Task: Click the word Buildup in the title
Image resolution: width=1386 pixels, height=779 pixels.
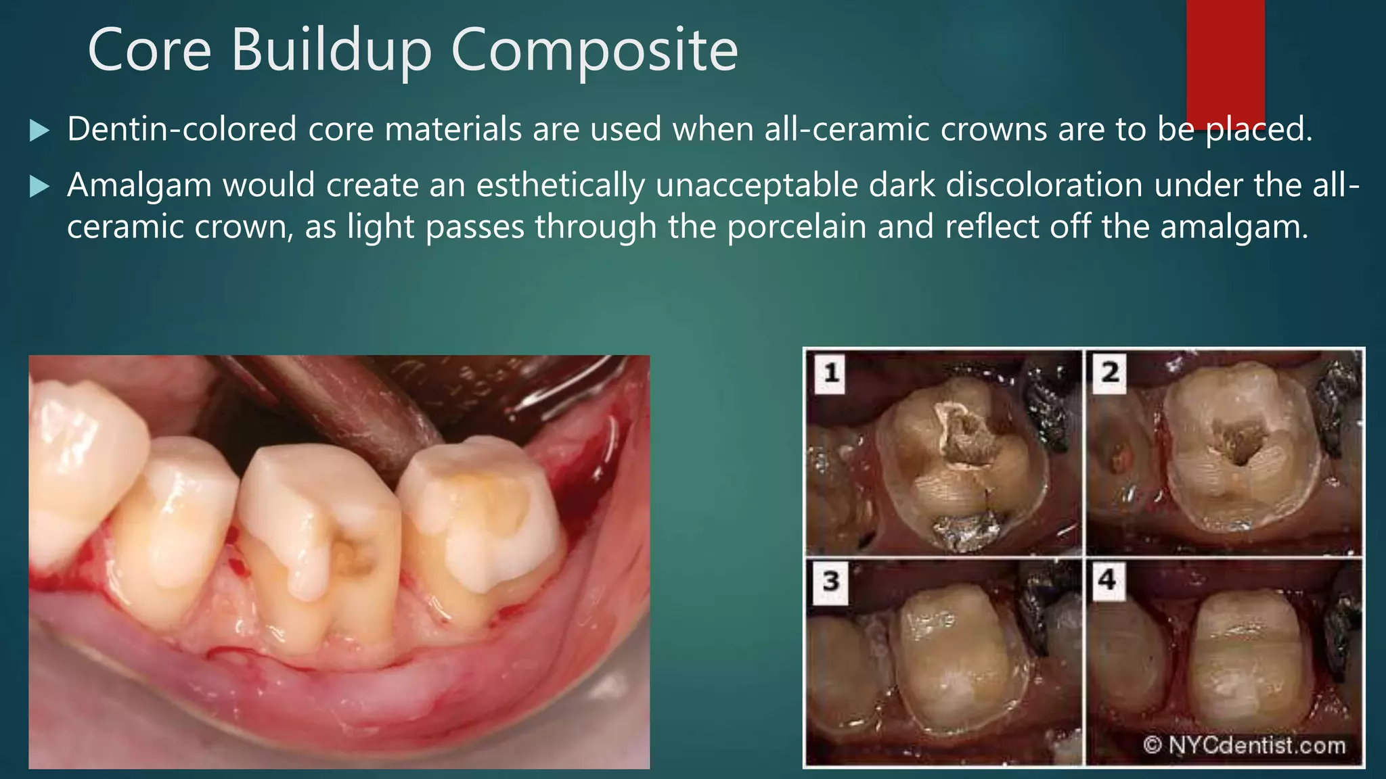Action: click(x=332, y=50)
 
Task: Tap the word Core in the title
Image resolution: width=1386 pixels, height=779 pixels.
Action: click(x=149, y=50)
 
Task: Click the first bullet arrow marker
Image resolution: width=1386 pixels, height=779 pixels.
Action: click(x=40, y=130)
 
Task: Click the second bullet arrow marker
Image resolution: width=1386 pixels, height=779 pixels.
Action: click(x=40, y=186)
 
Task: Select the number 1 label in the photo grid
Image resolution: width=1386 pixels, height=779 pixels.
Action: click(x=831, y=372)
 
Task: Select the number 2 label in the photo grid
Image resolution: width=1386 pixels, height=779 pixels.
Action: click(x=1110, y=372)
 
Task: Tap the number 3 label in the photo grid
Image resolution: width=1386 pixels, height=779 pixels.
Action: click(x=830, y=580)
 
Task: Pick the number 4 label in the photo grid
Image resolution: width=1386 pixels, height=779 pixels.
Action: click(x=1107, y=580)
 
